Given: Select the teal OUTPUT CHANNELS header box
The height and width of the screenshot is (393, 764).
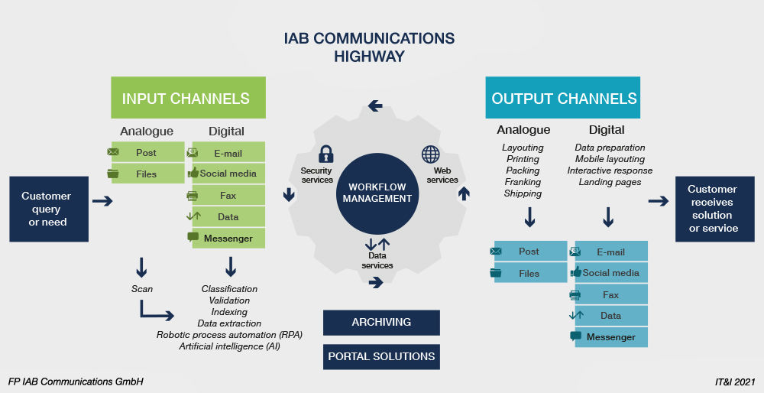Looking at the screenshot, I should point(564,98).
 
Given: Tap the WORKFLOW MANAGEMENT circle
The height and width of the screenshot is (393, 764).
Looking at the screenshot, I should point(380,193).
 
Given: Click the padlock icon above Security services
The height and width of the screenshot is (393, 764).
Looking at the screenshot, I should point(326,154).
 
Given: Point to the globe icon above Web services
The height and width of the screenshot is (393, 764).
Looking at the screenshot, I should point(431,154).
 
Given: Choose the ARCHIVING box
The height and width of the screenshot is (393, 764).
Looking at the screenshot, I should point(381,322).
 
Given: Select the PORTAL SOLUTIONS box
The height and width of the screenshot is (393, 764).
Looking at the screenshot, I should point(381,356).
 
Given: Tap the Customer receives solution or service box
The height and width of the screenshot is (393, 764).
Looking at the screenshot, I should point(711,209).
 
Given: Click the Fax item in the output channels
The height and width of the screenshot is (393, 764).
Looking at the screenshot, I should point(610,294).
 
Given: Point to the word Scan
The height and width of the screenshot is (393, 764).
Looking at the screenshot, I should point(142,289).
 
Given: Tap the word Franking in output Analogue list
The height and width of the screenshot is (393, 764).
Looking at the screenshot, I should point(523,182).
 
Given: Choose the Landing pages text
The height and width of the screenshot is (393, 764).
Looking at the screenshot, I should point(610,182).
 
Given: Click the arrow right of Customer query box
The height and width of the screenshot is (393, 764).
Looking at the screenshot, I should point(102,202).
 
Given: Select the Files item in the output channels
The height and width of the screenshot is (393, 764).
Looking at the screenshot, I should point(529,273).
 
